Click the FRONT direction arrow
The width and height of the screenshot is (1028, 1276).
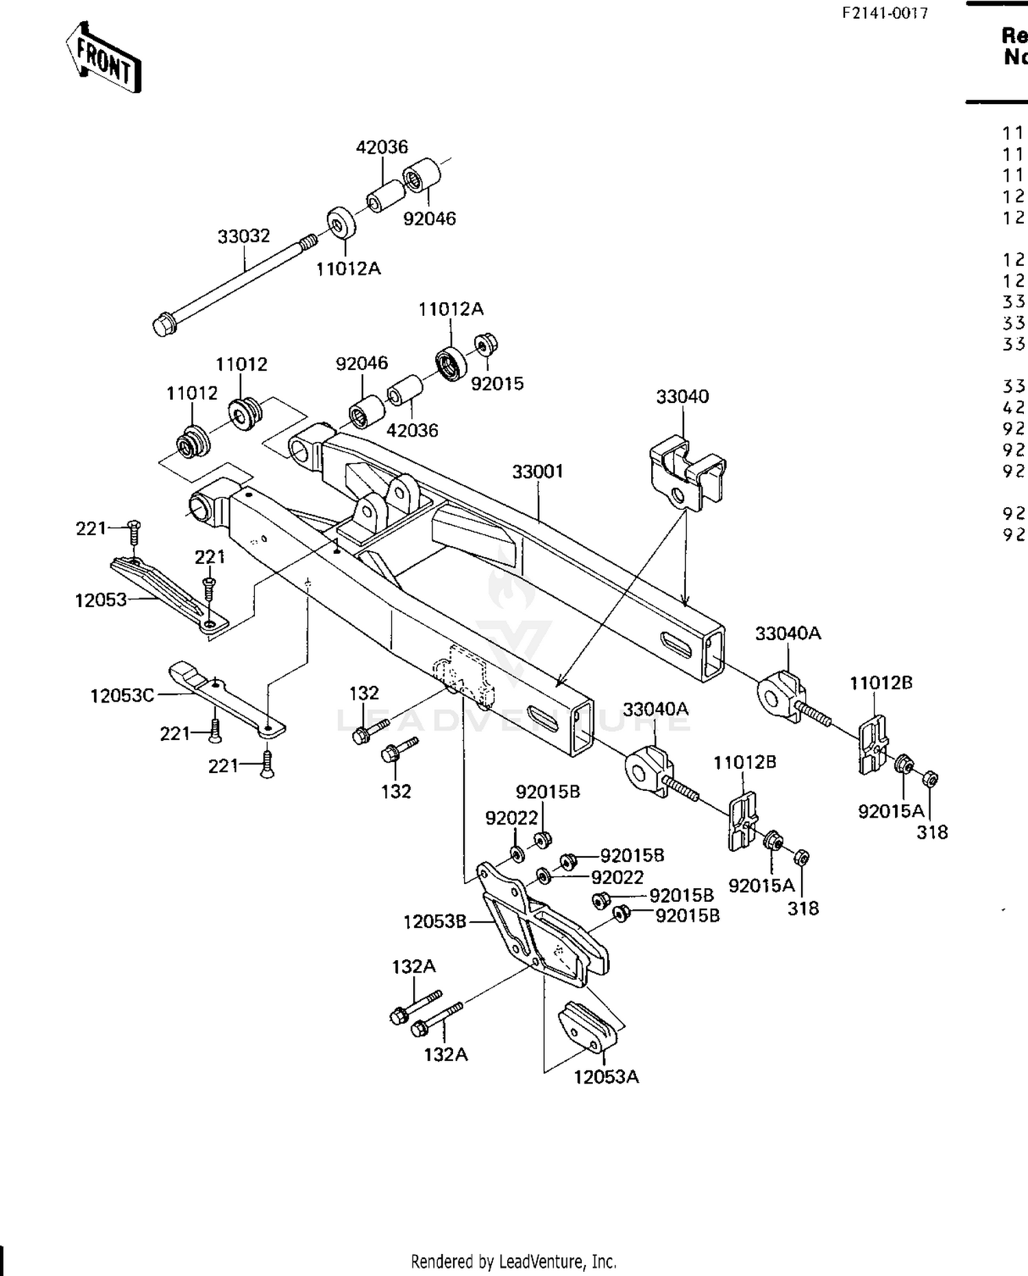104,58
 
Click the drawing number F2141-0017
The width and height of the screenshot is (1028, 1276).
885,13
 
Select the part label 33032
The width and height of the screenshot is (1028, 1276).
243,236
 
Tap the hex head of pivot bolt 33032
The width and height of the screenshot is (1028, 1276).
164,324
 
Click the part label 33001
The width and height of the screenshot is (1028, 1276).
537,471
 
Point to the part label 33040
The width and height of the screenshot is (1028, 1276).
682,397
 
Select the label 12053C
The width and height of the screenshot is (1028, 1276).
122,696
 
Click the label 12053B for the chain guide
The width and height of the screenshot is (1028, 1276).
435,922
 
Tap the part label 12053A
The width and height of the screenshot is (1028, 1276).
606,1077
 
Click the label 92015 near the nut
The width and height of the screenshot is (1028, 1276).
497,384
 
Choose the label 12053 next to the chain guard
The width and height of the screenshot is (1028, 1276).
101,600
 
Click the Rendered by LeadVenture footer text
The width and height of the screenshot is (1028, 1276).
513,1261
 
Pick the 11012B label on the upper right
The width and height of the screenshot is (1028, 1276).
881,683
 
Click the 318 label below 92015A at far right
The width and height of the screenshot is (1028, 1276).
932,832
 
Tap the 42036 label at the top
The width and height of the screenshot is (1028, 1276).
382,147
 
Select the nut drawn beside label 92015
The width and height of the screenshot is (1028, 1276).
485,343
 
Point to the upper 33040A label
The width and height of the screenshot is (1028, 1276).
787,633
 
